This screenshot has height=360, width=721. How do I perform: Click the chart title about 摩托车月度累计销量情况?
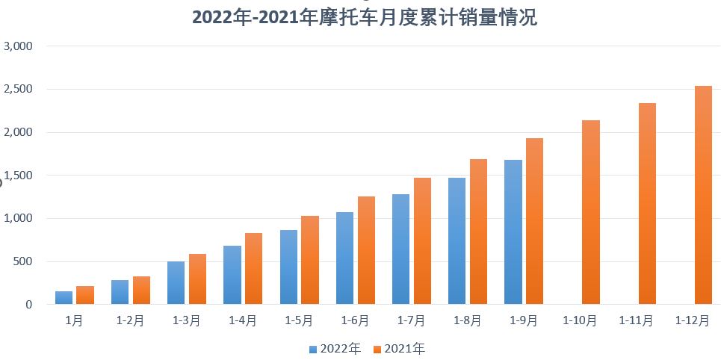pos(365,17)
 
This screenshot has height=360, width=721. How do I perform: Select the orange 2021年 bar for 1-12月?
pos(703,195)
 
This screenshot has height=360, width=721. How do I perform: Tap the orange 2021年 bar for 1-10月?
pos(590,212)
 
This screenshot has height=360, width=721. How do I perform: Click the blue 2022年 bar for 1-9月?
pos(513,232)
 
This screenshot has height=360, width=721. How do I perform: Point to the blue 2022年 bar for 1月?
pos(64,297)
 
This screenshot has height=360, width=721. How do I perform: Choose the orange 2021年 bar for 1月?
pos(85,295)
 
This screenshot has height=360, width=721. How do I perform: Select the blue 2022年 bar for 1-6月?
pos(344,258)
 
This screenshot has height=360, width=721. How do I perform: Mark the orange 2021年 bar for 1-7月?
pos(422,240)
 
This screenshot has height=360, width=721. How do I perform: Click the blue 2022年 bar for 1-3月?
pos(176,282)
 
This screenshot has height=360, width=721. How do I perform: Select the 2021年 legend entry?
pos(399,349)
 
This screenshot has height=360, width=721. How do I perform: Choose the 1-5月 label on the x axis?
pos(299,320)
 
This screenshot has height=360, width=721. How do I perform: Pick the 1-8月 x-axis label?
pos(468,320)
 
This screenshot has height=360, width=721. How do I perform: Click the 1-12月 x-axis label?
pos(693,320)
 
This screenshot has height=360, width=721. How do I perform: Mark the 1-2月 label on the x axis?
pos(130,320)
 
